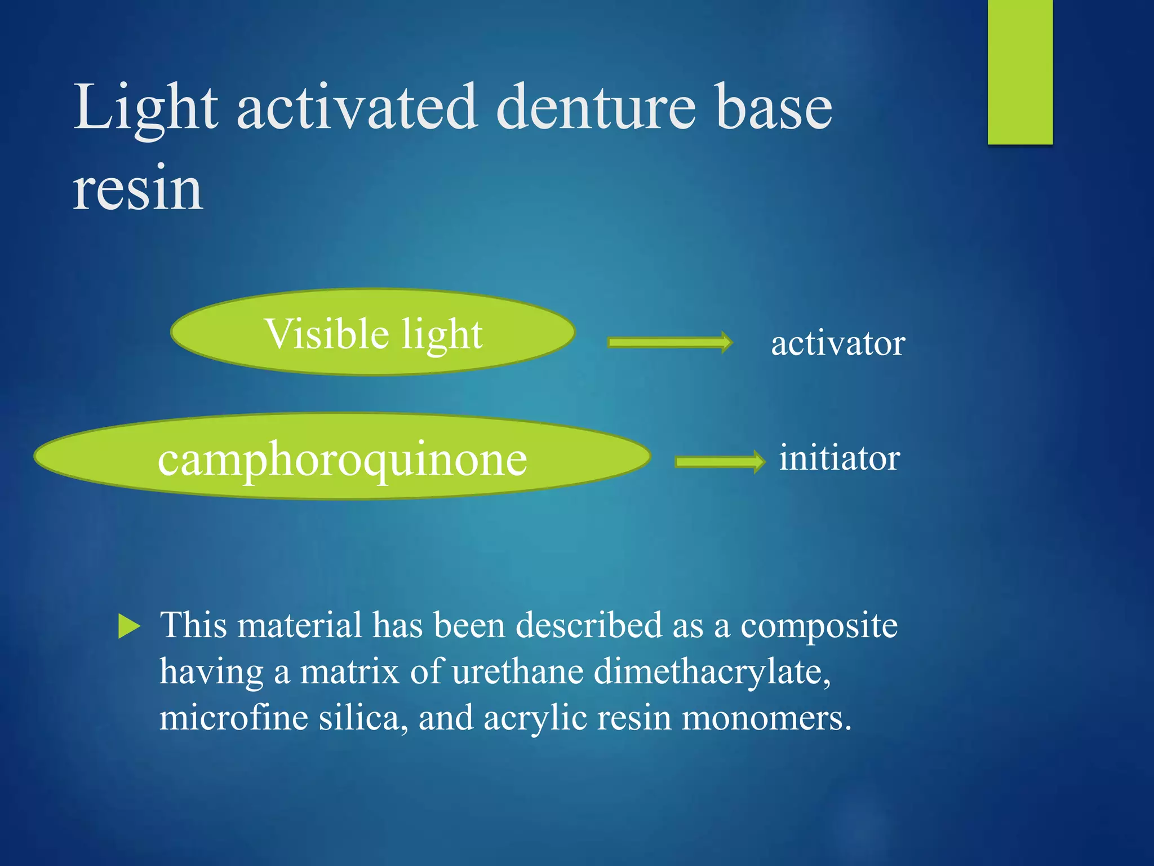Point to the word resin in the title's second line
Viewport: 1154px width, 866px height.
(137, 189)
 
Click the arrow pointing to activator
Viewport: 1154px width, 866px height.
(669, 342)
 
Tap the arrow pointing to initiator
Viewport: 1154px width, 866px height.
(720, 462)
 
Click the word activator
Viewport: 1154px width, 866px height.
(838, 343)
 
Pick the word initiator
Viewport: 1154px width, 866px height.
(839, 458)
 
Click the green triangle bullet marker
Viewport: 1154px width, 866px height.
(128, 627)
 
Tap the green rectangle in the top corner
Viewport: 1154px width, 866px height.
(1020, 72)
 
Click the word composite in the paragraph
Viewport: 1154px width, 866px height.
(819, 626)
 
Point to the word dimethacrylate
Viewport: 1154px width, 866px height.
(712, 672)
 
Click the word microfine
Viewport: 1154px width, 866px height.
(233, 718)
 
